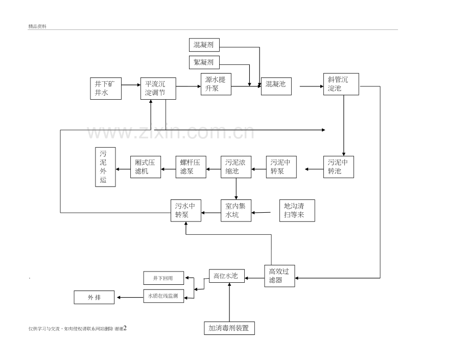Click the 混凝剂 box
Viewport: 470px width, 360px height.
click(204, 45)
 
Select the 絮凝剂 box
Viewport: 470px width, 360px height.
click(204, 62)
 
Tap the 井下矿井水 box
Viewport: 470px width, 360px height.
click(106, 88)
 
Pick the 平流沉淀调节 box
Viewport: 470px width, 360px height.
click(158, 88)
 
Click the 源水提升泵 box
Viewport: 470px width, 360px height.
click(216, 83)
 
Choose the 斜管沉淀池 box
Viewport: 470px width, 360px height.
click(341, 84)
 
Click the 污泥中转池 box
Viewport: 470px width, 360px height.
click(339, 167)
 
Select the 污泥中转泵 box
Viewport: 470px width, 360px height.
click(281, 167)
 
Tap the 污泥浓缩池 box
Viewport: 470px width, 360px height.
click(236, 167)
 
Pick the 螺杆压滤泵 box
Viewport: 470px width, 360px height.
click(191, 167)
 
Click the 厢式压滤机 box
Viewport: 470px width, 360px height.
click(145, 167)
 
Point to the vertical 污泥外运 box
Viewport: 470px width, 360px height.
click(105, 167)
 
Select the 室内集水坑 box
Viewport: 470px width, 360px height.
click(236, 210)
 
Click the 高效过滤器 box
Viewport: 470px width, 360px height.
click(280, 276)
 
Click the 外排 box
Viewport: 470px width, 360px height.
click(94, 297)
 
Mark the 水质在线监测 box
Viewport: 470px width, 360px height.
click(163, 296)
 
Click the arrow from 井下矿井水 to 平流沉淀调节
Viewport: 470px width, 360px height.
click(131, 86)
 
